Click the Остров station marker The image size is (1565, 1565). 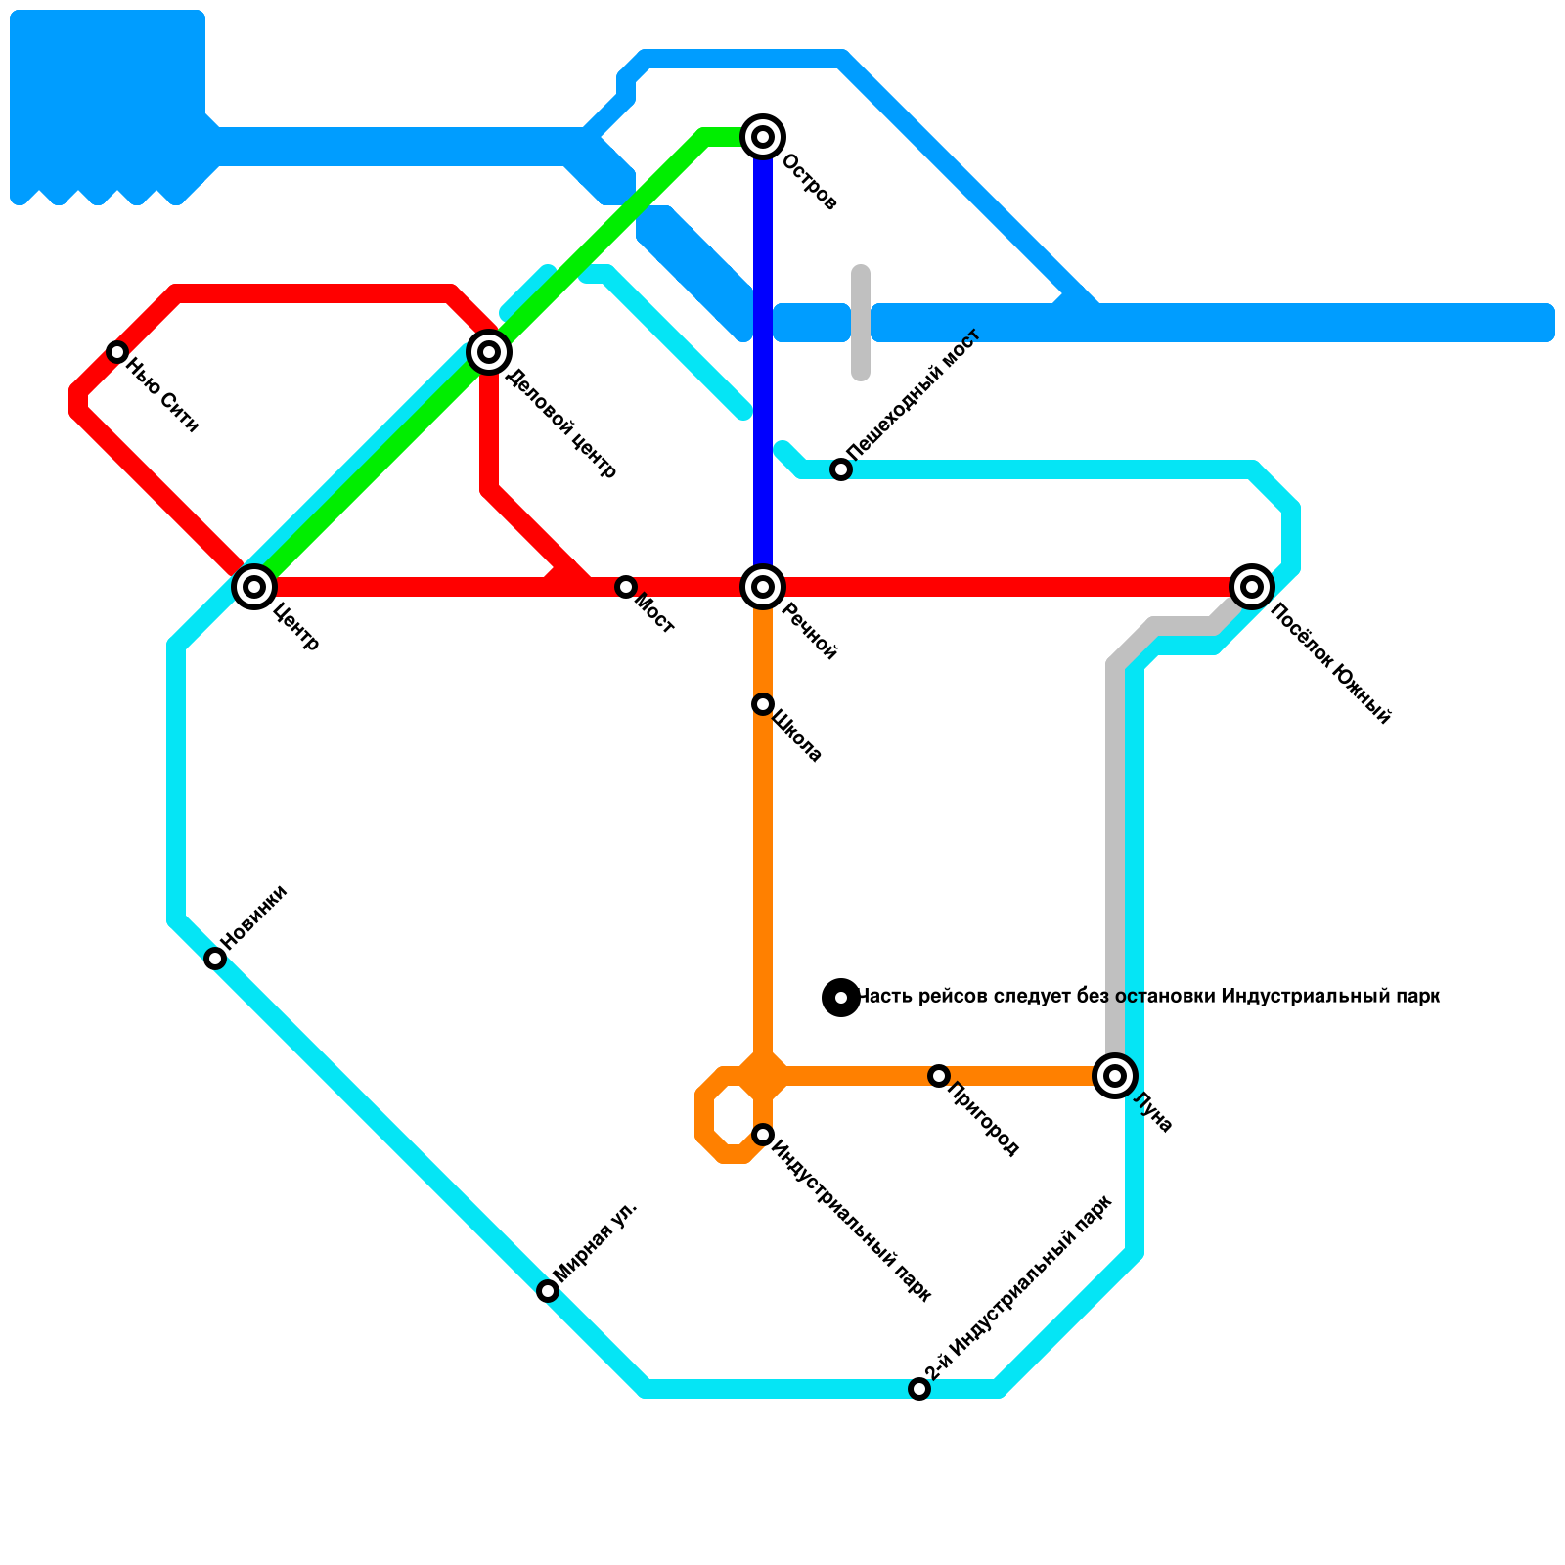pos(763,136)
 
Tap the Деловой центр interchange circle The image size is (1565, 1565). pos(489,351)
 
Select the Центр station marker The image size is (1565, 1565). pos(254,587)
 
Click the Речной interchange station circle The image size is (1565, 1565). pos(763,587)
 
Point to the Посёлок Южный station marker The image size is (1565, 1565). pos(1252,587)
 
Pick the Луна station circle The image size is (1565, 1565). pos(1115,1076)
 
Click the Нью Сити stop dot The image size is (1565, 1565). pos(117,352)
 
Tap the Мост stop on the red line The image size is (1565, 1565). pos(626,587)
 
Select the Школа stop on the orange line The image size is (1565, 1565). pos(763,704)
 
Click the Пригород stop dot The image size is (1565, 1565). pos(939,1076)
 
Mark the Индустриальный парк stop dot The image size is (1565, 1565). pos(763,1135)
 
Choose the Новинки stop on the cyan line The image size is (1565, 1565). pos(215,959)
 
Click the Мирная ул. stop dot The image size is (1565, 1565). pos(548,1291)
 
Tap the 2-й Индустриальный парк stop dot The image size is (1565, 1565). pos(919,1389)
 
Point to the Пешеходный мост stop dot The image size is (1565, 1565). pos(841,469)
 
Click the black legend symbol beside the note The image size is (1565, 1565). pos(841,998)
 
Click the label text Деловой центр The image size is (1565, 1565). pos(561,424)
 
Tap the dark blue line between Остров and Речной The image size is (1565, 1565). pos(763,362)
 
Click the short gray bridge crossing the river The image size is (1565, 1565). pos(861,323)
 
